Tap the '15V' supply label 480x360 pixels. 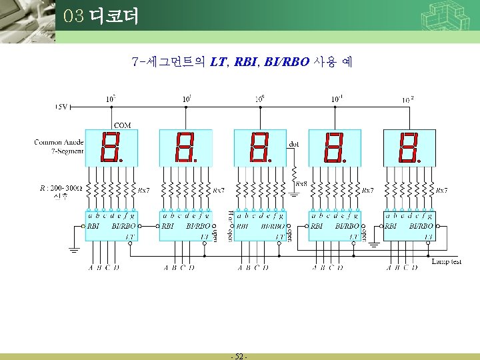click(62, 106)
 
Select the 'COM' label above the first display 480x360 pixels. click(123, 125)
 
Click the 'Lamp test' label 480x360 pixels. click(446, 262)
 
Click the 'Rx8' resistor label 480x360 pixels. click(301, 183)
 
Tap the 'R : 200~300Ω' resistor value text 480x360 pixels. click(61, 188)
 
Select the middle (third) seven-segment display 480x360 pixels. click(259, 148)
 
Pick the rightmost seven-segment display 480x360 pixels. click(409, 148)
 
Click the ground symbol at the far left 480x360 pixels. click(73, 250)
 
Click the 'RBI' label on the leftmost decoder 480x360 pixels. click(93, 226)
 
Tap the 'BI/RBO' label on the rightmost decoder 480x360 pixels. click(422, 226)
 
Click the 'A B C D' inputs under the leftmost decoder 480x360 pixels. click(104, 268)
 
